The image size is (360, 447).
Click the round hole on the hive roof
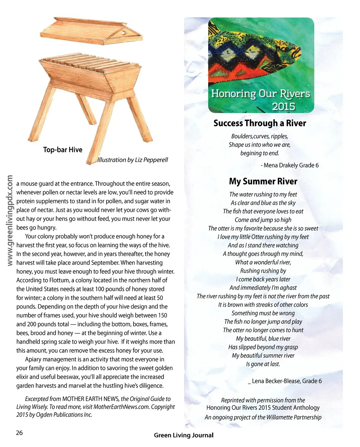click(123, 33)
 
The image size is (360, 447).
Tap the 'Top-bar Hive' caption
click(63, 150)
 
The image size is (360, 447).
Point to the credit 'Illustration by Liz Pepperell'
click(133, 160)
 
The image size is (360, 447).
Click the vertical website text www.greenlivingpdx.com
click(10, 220)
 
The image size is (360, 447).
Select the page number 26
click(19, 433)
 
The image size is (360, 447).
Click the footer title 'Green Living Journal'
click(184, 435)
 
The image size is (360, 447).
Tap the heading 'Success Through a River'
click(260, 123)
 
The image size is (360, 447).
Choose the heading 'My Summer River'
click(263, 181)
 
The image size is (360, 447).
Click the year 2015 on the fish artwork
click(283, 106)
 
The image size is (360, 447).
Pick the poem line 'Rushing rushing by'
click(263, 271)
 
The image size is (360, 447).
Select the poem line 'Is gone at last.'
click(263, 364)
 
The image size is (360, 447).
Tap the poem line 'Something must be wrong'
click(263, 313)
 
